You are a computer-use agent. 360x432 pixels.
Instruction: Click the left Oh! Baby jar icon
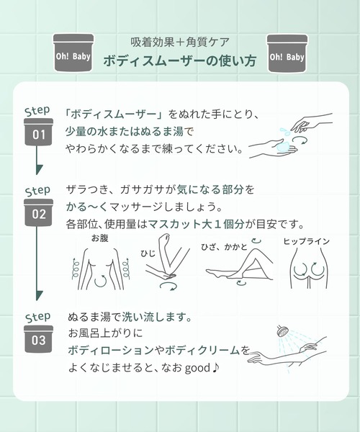pyautogui.click(x=73, y=53)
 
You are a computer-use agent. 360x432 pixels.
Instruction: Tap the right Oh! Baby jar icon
pyautogui.click(x=287, y=53)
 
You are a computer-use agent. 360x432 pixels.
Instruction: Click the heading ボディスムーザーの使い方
pyautogui.click(x=180, y=61)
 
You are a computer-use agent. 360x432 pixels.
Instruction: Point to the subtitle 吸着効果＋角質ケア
pyautogui.click(x=180, y=42)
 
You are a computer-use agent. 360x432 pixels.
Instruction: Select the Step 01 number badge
pyautogui.click(x=39, y=132)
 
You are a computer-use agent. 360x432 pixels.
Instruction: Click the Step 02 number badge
pyautogui.click(x=39, y=212)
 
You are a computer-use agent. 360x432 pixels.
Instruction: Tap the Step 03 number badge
pyautogui.click(x=39, y=339)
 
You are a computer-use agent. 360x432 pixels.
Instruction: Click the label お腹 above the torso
pyautogui.click(x=100, y=238)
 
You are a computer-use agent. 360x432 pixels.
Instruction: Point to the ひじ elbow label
pyautogui.click(x=148, y=253)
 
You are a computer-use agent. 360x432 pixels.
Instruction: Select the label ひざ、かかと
pyautogui.click(x=224, y=246)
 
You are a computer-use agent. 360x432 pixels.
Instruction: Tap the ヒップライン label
pyautogui.click(x=307, y=241)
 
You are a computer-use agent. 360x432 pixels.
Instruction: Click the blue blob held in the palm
pyautogui.click(x=284, y=146)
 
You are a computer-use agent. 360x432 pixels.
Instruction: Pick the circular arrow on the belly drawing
pyautogui.click(x=101, y=281)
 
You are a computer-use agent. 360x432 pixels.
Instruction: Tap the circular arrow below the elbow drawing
pyautogui.click(x=168, y=286)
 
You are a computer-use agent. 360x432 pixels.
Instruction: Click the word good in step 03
pyautogui.click(x=197, y=368)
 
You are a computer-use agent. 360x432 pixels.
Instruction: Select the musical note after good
pyautogui.click(x=216, y=367)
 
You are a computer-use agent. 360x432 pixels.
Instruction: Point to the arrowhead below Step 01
pyautogui.click(x=40, y=169)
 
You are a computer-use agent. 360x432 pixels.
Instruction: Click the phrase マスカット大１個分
pyautogui.click(x=196, y=224)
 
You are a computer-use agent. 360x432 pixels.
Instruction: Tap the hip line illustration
pyautogui.click(x=308, y=269)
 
